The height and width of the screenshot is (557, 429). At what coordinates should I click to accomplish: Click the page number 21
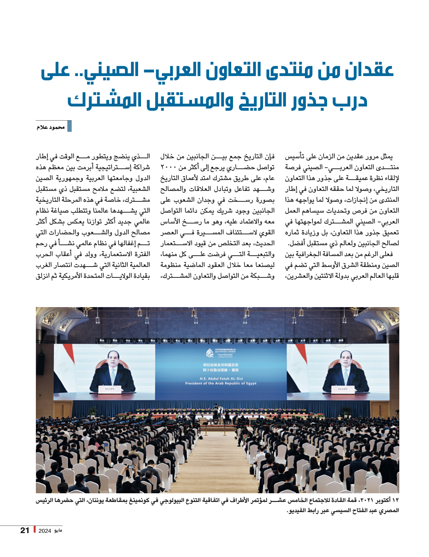coord(25,531)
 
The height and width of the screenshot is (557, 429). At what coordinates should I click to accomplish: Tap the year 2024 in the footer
coord(45,531)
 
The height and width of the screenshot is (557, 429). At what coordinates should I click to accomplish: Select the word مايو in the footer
coord(58,531)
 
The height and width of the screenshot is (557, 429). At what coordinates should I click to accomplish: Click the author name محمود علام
coord(50,127)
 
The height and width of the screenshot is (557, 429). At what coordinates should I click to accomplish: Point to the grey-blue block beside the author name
coord(70,126)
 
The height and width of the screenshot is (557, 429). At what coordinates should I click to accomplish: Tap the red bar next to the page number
coord(34,529)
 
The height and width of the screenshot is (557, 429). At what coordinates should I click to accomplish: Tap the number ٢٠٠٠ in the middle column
coord(168,167)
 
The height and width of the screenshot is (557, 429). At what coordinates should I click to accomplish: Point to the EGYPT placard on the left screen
coord(109,389)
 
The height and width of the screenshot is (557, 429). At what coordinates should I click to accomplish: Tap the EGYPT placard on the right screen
coord(342,389)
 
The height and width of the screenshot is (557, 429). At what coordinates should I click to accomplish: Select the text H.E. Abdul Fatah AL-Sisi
coord(221,378)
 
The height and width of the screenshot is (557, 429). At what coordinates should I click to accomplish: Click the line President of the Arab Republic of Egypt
coord(221,383)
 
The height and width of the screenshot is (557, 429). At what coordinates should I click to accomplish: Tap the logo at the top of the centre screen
coord(210,353)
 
